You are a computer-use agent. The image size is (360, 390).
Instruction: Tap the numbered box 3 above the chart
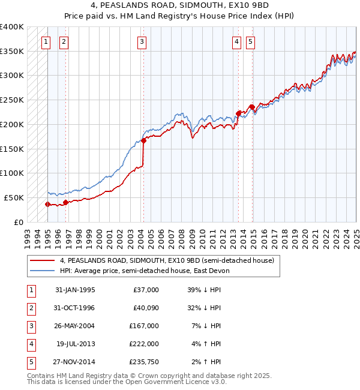coord(142,41)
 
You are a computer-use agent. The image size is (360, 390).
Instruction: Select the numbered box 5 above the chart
coord(250,41)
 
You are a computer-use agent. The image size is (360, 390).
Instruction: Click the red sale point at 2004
coord(144,140)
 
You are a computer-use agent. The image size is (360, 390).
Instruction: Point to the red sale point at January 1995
coord(47,204)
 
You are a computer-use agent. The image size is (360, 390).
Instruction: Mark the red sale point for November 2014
coord(252,107)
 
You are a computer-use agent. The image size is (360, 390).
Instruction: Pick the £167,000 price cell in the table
coord(145,326)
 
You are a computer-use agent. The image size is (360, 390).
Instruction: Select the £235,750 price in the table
coord(145,362)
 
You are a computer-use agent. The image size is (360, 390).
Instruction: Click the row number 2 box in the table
coord(29,308)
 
